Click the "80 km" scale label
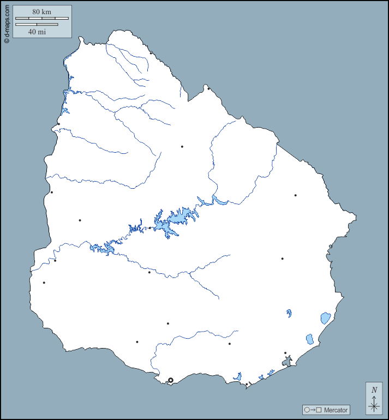pyautogui.click(x=41, y=11)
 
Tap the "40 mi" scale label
pyautogui.click(x=37, y=32)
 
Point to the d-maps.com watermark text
pyautogui.click(x=7, y=22)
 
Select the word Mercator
pyautogui.click(x=335, y=410)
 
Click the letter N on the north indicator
pyautogui.click(x=374, y=390)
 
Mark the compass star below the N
pyautogui.click(x=374, y=405)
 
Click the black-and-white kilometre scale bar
pyautogui.click(x=42, y=19)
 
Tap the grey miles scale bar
pyautogui.click(x=37, y=25)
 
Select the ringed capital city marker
pyautogui.click(x=170, y=380)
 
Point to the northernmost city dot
pyautogui.click(x=151, y=53)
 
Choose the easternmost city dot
pyautogui.click(x=295, y=195)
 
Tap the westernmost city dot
pyautogui.click(x=44, y=283)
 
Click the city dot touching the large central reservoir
pyautogui.click(x=150, y=228)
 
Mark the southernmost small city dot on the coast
pyautogui.click(x=247, y=384)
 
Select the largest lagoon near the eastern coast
pyautogui.click(x=325, y=317)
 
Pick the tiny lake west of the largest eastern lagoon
pyautogui.click(x=289, y=313)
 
